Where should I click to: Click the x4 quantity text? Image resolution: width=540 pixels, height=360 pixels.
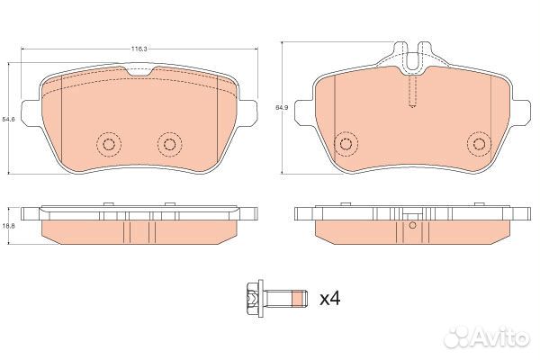click(x=330, y=297)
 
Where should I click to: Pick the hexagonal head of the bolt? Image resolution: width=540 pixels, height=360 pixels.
click(x=252, y=297)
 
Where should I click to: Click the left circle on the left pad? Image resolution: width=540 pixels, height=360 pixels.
click(x=109, y=144)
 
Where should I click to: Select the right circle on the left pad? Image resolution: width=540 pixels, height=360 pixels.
click(x=168, y=144)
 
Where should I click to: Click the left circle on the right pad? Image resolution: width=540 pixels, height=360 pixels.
click(x=343, y=144)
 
